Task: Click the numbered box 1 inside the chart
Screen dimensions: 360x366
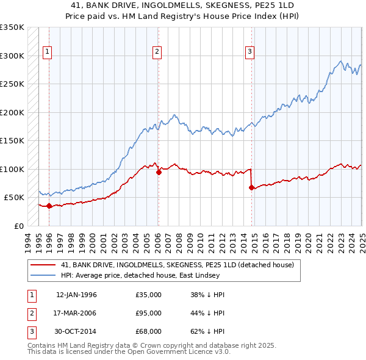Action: click(x=48, y=52)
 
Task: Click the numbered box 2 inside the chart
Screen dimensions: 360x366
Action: click(x=157, y=52)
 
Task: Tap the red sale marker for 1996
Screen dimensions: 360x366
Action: click(x=49, y=206)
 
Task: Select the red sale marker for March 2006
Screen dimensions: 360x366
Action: click(x=158, y=172)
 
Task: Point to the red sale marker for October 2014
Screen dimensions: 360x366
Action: click(x=251, y=187)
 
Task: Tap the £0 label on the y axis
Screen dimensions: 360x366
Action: click(x=18, y=226)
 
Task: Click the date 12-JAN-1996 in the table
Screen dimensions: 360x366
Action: click(x=76, y=295)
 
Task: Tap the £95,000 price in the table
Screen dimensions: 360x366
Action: click(x=149, y=313)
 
